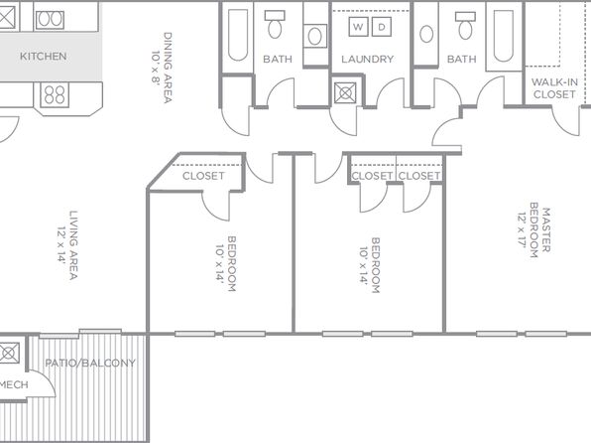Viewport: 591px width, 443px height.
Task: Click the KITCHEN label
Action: (44, 57)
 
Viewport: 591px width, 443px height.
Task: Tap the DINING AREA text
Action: (168, 68)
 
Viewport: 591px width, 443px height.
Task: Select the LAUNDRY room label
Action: (368, 60)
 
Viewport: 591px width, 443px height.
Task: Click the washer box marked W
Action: (358, 27)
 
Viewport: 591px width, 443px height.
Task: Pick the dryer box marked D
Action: (382, 27)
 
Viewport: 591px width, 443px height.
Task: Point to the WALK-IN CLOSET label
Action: (554, 88)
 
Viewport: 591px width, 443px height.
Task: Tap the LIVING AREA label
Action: (73, 244)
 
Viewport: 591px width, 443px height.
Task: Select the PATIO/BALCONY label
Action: (90, 363)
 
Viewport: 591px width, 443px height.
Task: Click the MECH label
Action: (14, 384)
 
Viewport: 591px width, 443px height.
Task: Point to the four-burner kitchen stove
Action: (55, 94)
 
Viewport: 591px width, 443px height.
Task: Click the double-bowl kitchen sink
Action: (50, 20)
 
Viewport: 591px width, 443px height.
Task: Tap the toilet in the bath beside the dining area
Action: (275, 24)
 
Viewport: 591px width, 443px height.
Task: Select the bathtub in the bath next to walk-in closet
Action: (503, 37)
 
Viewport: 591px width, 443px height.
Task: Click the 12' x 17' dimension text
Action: (522, 230)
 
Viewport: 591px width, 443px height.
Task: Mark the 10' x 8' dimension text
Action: (157, 67)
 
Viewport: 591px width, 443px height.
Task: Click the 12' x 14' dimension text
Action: (61, 244)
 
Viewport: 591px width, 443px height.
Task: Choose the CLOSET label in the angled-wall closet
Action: (203, 176)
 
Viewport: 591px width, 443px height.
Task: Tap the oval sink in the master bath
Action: (426, 34)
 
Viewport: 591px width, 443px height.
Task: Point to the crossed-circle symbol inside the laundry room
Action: (345, 93)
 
